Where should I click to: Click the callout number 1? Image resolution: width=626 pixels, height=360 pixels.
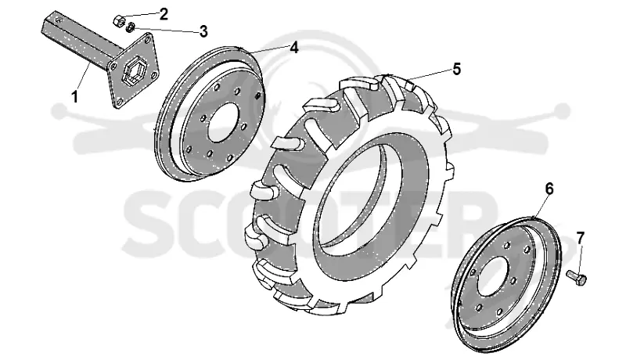pyautogui.click(x=74, y=96)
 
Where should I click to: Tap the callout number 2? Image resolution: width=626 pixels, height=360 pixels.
pyautogui.click(x=164, y=14)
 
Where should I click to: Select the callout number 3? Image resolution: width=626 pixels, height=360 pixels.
pyautogui.click(x=203, y=31)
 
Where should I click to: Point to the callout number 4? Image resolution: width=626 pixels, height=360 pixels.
pyautogui.click(x=294, y=48)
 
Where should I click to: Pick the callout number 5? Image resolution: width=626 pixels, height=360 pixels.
pyautogui.click(x=457, y=69)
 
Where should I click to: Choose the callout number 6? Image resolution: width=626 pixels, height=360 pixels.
pyautogui.click(x=549, y=189)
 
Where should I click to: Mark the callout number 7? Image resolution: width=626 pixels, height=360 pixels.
pyautogui.click(x=580, y=238)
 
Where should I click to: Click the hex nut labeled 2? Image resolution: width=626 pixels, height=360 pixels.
pyautogui.click(x=119, y=21)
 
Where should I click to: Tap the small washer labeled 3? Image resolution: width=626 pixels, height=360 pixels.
pyautogui.click(x=130, y=27)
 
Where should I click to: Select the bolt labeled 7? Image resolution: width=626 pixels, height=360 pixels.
pyautogui.click(x=576, y=277)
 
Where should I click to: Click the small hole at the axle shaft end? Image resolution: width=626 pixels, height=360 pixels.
pyautogui.click(x=59, y=19)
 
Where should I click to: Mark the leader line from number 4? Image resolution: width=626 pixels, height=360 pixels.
pyautogui.click(x=265, y=48)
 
